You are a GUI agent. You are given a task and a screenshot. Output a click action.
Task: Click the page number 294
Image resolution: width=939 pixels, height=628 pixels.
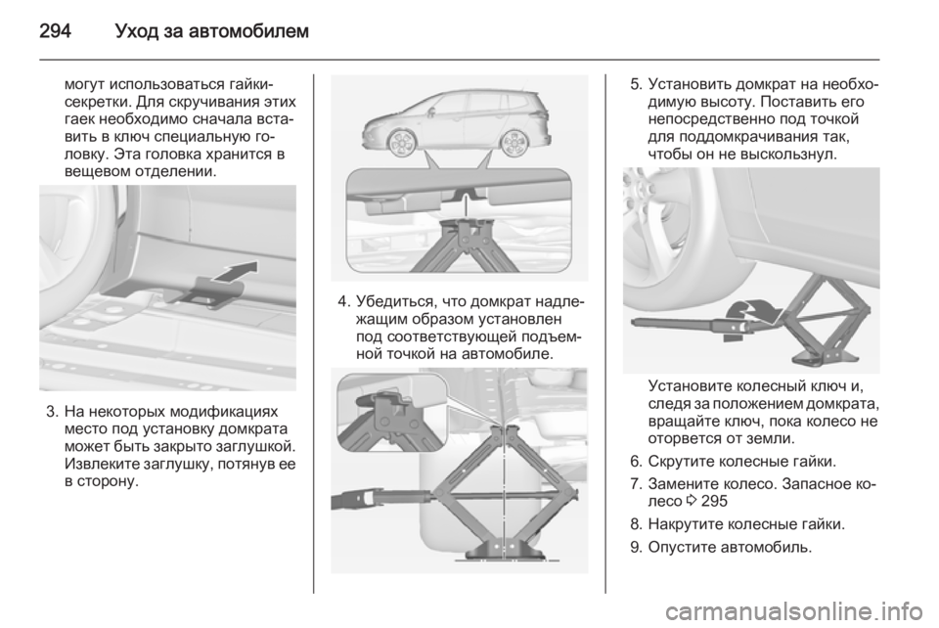(55, 30)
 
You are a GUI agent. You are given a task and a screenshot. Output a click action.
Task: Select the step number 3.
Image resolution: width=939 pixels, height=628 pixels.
(52, 413)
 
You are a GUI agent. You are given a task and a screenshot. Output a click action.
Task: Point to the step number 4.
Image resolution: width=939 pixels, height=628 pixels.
(343, 300)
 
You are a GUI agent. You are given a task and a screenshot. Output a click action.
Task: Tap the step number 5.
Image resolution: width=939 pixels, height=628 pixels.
(636, 84)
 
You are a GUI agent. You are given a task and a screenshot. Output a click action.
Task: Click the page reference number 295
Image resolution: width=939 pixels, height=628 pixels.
(714, 501)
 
